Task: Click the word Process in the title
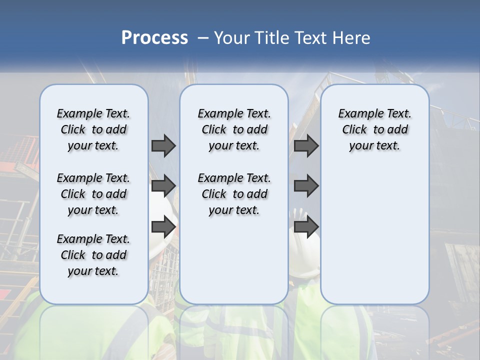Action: click(x=154, y=38)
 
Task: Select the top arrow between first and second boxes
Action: click(x=163, y=146)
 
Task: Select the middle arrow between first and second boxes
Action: click(x=163, y=186)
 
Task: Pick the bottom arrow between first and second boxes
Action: click(x=163, y=227)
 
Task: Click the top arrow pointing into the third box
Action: click(x=306, y=146)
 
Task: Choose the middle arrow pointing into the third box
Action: click(x=306, y=186)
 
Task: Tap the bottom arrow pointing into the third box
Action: click(x=306, y=227)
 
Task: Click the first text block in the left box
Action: click(x=93, y=129)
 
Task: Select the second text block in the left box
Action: click(x=93, y=194)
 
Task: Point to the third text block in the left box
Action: click(x=93, y=255)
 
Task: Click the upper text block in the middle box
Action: click(x=234, y=129)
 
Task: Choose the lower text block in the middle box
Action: click(x=234, y=194)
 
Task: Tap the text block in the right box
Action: click(x=374, y=129)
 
